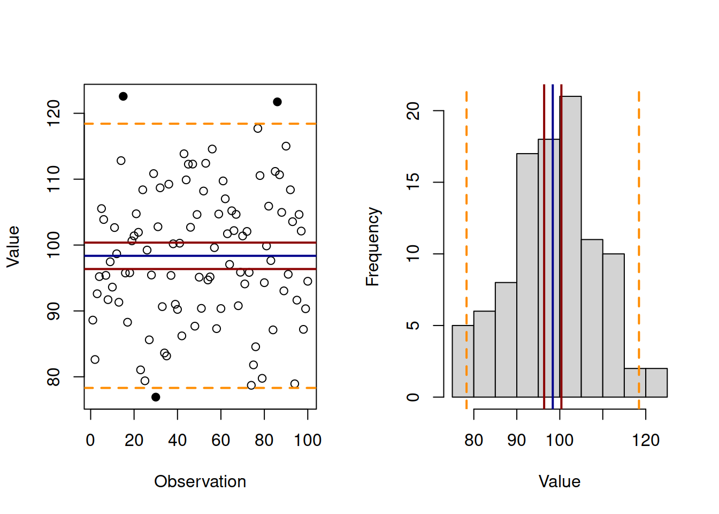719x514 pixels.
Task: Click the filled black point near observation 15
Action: (x=123, y=96)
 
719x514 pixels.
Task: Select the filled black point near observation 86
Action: (x=277, y=102)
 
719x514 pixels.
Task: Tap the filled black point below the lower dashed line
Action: (x=156, y=397)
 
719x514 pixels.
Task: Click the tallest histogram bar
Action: (x=570, y=246)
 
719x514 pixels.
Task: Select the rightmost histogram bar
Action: (x=656, y=383)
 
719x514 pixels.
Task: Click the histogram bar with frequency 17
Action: (x=527, y=276)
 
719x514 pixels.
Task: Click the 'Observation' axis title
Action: (x=200, y=481)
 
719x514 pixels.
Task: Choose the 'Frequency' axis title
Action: (x=372, y=247)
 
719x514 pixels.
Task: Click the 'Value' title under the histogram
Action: (x=560, y=481)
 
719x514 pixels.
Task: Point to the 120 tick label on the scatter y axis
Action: (x=53, y=114)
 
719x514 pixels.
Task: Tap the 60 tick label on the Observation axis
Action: (x=221, y=440)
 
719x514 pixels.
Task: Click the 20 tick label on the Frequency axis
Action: (x=413, y=111)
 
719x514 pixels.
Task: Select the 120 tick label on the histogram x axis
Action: (x=646, y=440)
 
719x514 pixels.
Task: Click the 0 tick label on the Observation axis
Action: (x=90, y=440)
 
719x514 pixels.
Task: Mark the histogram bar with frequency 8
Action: (x=506, y=340)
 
